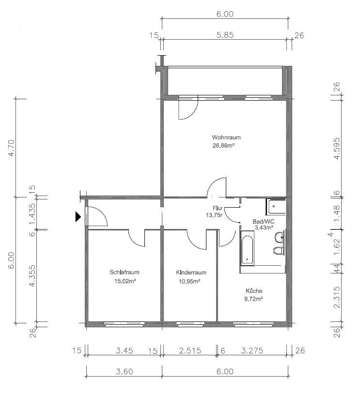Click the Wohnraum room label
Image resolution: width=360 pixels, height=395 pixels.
click(x=226, y=137)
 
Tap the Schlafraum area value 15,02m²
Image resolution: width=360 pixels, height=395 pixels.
click(x=125, y=281)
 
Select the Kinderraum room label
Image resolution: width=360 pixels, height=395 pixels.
click(x=191, y=273)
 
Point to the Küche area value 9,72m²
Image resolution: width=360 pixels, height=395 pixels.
click(x=253, y=299)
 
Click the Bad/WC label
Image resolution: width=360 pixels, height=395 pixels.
click(x=264, y=222)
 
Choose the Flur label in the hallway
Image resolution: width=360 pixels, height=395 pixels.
click(x=218, y=208)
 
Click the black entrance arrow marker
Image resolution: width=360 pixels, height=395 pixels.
click(x=78, y=217)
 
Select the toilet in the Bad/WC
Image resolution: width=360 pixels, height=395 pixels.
click(x=279, y=251)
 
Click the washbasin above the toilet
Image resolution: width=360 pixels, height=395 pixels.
click(x=280, y=237)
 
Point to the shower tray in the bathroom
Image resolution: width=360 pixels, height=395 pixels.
click(x=276, y=207)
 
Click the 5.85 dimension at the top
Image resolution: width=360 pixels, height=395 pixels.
click(x=225, y=35)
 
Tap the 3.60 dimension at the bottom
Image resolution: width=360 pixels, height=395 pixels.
click(x=125, y=371)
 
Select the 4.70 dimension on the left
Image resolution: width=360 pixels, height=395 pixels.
click(x=12, y=148)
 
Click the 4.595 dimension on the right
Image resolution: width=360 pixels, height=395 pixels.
click(x=337, y=148)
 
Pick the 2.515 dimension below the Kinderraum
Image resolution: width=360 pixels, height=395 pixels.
click(x=190, y=350)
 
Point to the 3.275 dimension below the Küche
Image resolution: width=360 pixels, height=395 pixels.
click(x=252, y=350)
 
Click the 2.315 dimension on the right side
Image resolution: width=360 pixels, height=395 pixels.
click(x=337, y=297)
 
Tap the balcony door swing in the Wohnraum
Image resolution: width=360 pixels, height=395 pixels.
click(x=188, y=109)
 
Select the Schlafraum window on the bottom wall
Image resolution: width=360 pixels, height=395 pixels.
click(x=125, y=324)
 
